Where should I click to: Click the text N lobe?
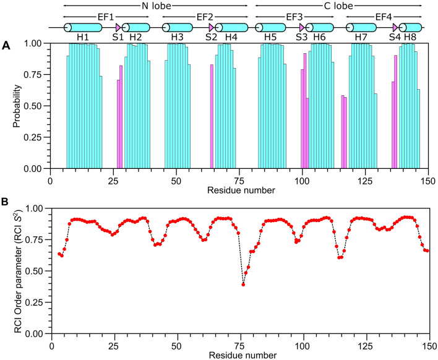click(x=155, y=5)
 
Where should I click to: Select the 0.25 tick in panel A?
click(x=36, y=137)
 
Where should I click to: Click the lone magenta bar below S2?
click(x=212, y=116)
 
